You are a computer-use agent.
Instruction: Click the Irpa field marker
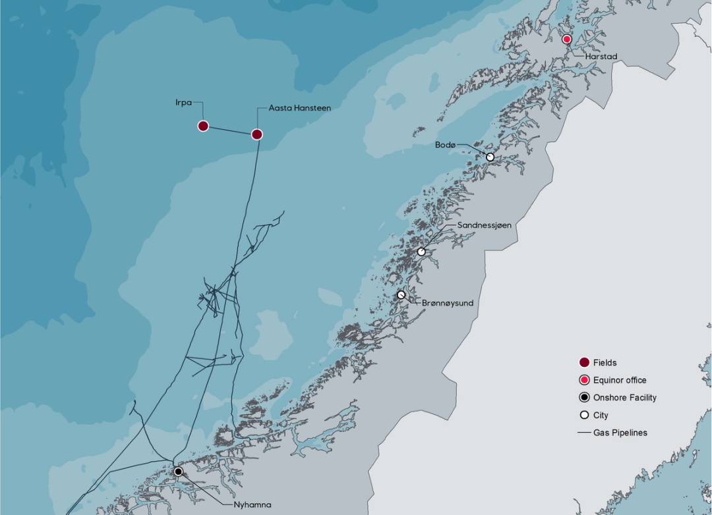point(203,126)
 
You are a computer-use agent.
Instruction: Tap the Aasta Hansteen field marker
point(257,134)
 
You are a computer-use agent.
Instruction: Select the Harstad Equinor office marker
point(566,40)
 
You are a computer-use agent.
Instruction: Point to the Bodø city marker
point(490,157)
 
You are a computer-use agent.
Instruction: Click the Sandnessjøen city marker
point(421,252)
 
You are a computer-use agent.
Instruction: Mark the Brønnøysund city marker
point(401,294)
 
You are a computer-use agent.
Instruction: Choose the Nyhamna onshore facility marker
point(178,472)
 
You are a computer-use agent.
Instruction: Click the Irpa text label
point(184,103)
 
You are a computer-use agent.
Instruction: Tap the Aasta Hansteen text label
point(300,107)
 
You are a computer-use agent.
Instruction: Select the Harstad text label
point(601,57)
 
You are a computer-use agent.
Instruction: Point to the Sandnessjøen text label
point(485,225)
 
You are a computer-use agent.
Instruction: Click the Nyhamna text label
point(252,505)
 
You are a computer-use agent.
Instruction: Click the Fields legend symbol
point(583,363)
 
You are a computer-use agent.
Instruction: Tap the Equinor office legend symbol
point(583,380)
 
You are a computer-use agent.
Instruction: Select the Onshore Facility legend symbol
point(583,397)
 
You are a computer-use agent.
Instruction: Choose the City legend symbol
point(583,415)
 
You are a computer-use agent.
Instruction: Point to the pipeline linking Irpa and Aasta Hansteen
point(230,130)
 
